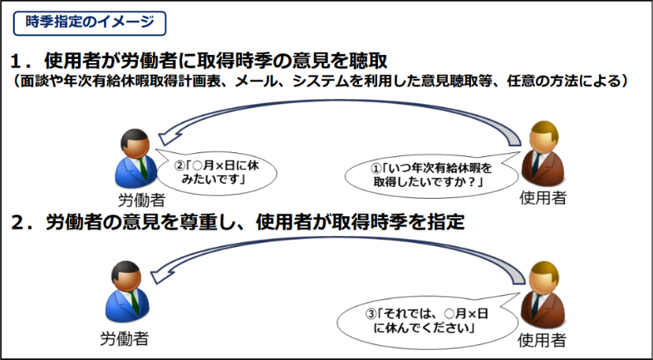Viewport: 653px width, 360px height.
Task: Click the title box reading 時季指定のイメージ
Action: coord(90,23)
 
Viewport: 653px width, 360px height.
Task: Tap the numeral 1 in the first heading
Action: coord(17,62)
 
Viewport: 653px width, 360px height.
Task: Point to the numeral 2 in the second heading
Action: coord(17,224)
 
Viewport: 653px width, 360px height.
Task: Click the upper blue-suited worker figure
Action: coord(135,158)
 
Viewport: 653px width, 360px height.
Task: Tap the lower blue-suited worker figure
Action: coord(127,292)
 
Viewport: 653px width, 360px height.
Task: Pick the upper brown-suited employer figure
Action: coord(543,154)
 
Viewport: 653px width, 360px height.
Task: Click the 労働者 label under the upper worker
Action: coord(141,200)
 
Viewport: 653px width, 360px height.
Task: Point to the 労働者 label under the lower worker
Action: coord(125,338)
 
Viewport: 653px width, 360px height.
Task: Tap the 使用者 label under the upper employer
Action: coord(543,198)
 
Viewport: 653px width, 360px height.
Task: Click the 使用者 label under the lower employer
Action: coord(542,340)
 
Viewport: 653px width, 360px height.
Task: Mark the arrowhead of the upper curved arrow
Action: coord(169,136)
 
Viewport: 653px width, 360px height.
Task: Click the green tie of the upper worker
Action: coord(142,169)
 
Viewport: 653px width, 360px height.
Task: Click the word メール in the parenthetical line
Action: coord(254,81)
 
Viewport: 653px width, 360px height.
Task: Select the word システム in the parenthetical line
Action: coord(319,81)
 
